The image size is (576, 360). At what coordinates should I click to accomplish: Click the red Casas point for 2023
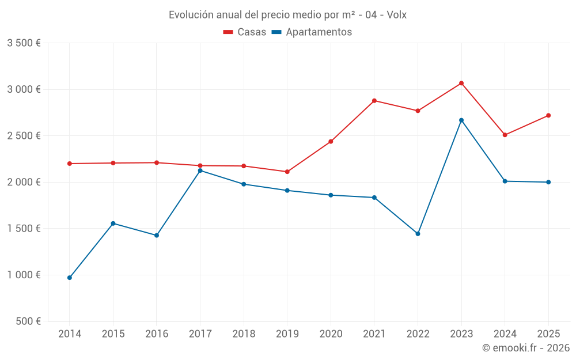click(x=461, y=83)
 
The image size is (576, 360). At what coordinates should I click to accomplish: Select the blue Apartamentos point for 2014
click(x=70, y=278)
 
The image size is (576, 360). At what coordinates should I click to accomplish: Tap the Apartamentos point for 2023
click(x=461, y=120)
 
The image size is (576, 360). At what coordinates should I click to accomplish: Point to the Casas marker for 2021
click(x=374, y=101)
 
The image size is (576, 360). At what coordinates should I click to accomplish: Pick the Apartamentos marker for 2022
click(x=418, y=234)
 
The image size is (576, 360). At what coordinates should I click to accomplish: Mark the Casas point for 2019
click(x=287, y=172)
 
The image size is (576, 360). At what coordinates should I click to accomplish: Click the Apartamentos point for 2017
click(x=200, y=170)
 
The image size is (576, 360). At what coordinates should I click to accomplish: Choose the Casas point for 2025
click(x=548, y=115)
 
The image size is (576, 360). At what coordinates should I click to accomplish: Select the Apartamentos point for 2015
click(x=113, y=223)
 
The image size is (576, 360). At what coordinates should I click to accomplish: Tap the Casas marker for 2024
click(x=505, y=135)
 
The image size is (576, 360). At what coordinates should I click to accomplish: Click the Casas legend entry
click(x=245, y=32)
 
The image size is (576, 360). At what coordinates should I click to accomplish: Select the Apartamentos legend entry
click(x=312, y=32)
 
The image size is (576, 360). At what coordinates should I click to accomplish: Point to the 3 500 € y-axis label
click(x=24, y=43)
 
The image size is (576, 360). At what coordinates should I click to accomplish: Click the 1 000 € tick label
click(x=24, y=275)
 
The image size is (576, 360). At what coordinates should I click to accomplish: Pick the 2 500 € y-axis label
click(x=24, y=136)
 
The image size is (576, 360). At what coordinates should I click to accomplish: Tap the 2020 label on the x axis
click(x=331, y=334)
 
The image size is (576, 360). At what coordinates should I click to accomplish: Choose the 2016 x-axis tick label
click(x=157, y=334)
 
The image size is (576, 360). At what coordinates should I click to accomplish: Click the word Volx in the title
click(x=397, y=15)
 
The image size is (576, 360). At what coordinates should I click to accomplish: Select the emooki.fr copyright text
click(x=526, y=348)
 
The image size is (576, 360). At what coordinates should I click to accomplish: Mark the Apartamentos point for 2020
click(x=331, y=195)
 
